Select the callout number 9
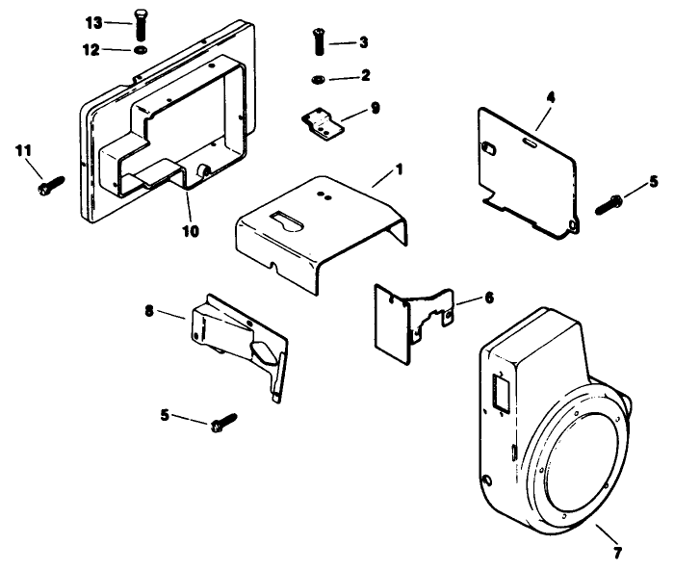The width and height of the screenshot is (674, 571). coord(375,108)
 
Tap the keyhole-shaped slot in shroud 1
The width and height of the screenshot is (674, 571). coord(288,221)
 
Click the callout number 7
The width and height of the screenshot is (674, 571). coord(617,553)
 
